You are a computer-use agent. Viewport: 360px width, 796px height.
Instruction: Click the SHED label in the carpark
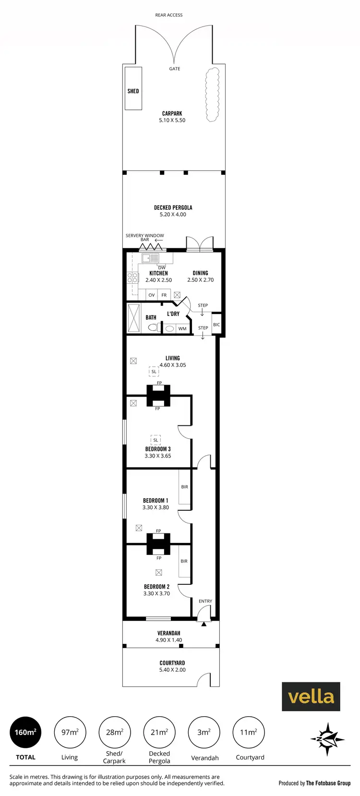click(x=133, y=91)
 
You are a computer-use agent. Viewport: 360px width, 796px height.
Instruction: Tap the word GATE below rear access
click(x=175, y=69)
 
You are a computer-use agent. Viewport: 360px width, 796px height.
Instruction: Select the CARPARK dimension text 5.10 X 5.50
click(x=172, y=121)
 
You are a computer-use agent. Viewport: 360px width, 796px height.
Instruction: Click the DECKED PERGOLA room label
click(x=173, y=207)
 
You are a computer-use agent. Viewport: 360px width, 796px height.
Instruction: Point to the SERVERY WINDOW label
click(x=144, y=236)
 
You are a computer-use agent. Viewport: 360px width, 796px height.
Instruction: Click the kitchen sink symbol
click(x=151, y=258)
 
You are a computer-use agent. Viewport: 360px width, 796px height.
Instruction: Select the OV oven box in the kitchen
click(x=152, y=295)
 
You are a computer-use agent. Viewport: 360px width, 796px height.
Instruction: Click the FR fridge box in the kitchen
click(x=164, y=295)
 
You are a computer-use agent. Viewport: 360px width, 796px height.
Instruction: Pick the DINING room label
click(x=200, y=273)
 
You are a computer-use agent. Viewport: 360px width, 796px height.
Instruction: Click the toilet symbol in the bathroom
click(x=153, y=328)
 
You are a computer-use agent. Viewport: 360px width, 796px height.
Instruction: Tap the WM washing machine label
click(x=182, y=329)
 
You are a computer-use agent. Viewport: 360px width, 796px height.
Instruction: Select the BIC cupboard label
click(x=216, y=325)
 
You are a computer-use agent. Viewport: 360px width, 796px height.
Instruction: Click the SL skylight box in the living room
click(x=154, y=372)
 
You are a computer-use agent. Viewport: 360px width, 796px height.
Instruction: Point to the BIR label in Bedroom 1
click(x=184, y=487)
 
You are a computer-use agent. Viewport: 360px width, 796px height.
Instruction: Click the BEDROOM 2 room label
click(x=156, y=587)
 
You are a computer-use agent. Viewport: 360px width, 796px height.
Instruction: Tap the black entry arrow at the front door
click(x=204, y=624)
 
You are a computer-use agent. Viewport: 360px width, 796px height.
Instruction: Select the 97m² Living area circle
click(x=70, y=732)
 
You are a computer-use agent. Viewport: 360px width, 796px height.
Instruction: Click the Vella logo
click(x=311, y=696)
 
